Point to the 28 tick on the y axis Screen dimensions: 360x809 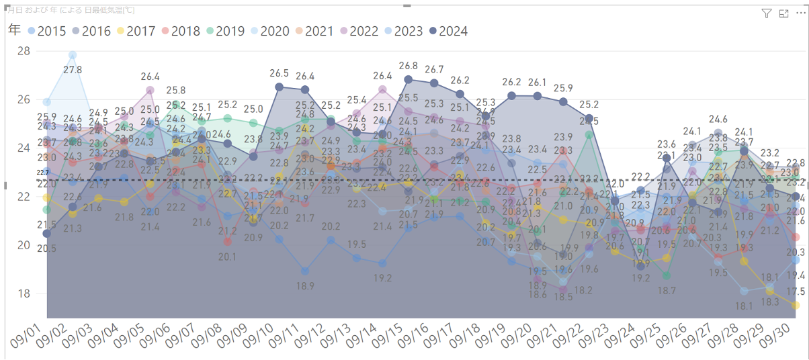(x=24, y=51)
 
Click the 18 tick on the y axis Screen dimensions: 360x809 (x=24, y=294)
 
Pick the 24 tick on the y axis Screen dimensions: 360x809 (x=24, y=148)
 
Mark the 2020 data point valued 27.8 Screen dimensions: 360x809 (x=73, y=55)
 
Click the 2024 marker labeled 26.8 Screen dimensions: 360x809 (x=408, y=79)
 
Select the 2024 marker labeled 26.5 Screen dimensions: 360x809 (x=279, y=87)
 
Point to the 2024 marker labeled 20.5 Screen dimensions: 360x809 (x=46, y=233)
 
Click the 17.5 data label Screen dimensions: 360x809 (x=796, y=291)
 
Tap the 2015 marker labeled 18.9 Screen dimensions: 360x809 (x=305, y=271)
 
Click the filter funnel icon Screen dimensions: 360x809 (x=767, y=13)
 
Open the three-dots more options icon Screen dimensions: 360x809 (x=800, y=13)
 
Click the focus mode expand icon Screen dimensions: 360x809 (x=783, y=13)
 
